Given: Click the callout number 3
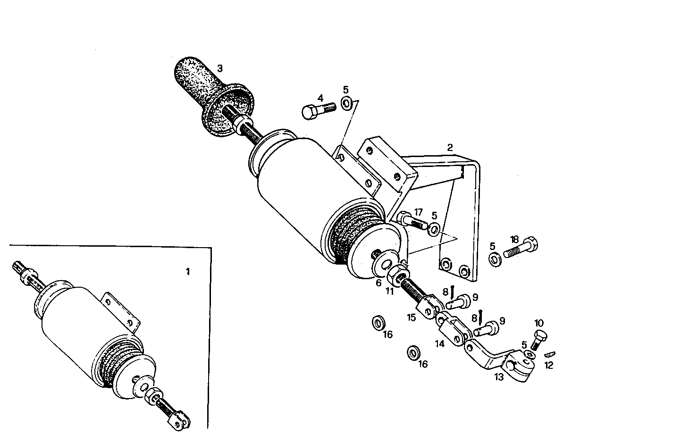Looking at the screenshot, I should click(x=220, y=68).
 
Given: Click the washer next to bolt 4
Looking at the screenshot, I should click(x=346, y=102).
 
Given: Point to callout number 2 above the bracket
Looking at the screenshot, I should click(x=450, y=148).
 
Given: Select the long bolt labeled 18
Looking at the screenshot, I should click(x=521, y=248).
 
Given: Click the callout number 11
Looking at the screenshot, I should click(x=389, y=291).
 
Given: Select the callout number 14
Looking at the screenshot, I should click(x=440, y=344).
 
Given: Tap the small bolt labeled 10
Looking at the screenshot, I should click(x=541, y=339).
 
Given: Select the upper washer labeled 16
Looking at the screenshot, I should click(x=378, y=324).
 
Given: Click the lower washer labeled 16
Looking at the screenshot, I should click(x=414, y=352).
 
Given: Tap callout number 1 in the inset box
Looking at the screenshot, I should click(x=188, y=272).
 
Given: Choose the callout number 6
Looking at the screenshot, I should click(x=378, y=283).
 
